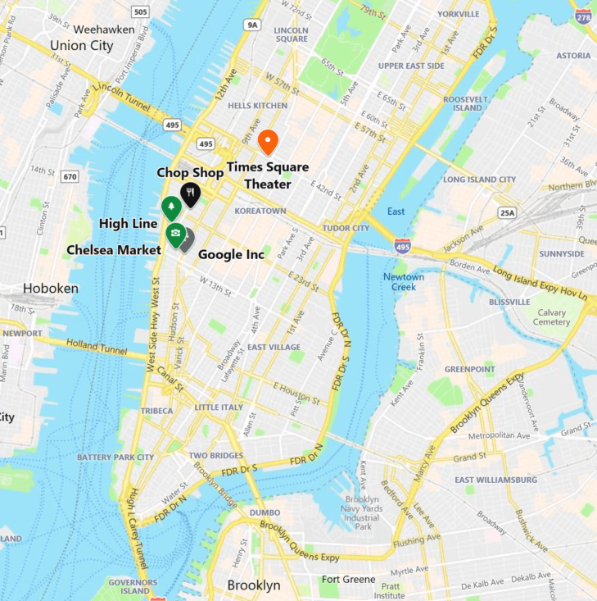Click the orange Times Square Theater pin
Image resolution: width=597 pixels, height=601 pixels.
(268, 141)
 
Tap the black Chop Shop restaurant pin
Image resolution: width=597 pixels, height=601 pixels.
(190, 194)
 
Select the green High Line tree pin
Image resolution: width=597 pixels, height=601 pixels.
(171, 207)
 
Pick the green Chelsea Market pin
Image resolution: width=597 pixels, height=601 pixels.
(175, 234)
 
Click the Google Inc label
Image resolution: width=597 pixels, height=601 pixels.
(231, 255)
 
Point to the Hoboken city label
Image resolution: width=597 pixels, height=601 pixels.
(51, 289)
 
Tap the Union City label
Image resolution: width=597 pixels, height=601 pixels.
(81, 46)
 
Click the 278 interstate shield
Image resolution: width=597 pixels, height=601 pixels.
(583, 16)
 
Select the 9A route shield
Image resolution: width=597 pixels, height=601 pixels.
(252, 25)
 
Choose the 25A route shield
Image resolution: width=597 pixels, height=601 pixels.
(508, 213)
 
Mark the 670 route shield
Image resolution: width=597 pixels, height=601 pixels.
(70, 176)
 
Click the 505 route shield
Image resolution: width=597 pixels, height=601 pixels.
(140, 11)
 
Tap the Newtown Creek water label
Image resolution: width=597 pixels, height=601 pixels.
(404, 282)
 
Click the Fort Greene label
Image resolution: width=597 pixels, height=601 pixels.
(348, 580)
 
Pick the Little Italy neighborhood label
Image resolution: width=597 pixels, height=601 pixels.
(219, 407)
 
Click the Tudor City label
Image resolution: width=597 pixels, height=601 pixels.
(346, 228)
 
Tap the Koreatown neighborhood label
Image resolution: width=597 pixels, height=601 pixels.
(260, 211)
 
